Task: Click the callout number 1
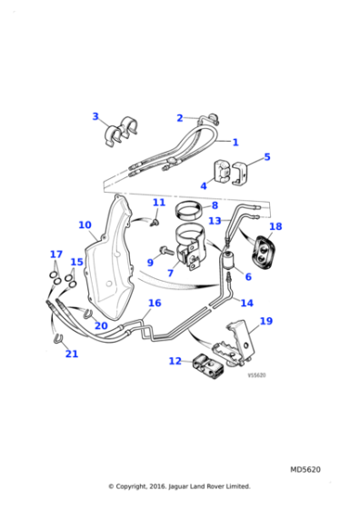tap(235, 143)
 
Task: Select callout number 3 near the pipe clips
tap(95, 116)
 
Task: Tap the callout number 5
tap(266, 157)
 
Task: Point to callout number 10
tap(85, 225)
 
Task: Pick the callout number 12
tap(175, 361)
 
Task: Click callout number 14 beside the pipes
tap(246, 304)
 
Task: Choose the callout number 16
tap(155, 304)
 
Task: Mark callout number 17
tap(55, 254)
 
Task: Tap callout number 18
tap(275, 227)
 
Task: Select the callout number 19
tap(265, 321)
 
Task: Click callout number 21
tap(71, 354)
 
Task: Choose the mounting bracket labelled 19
tap(240, 341)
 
